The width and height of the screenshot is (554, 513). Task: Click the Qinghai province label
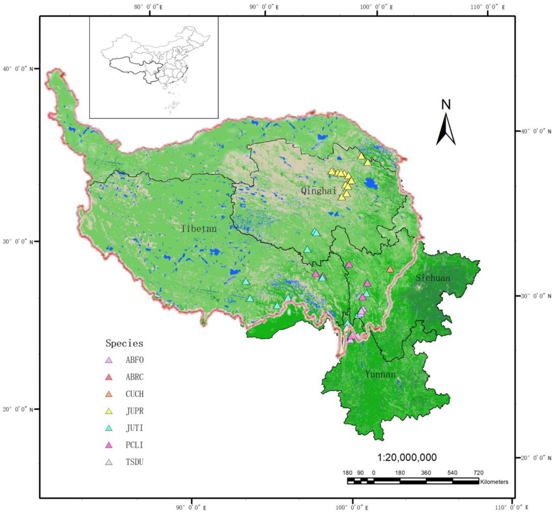pos(319,191)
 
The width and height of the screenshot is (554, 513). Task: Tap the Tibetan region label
pos(199,228)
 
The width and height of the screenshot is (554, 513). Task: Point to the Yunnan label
pos(380,374)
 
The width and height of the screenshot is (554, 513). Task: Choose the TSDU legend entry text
pos(135,462)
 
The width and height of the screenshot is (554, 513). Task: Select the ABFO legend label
pos(135,360)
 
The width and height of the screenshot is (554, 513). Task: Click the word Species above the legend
pos(124,343)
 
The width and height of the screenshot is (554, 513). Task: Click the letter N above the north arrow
pos(446,105)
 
